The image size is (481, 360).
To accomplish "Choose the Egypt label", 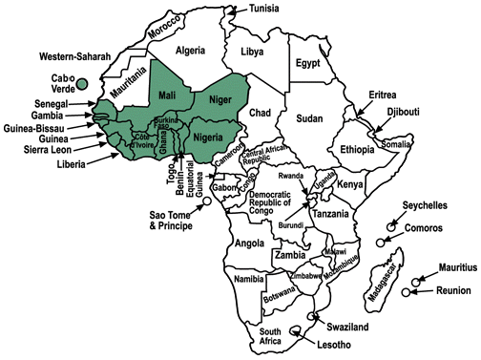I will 307,64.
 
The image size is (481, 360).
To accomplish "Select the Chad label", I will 261,114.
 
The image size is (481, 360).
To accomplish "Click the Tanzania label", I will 330,216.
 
